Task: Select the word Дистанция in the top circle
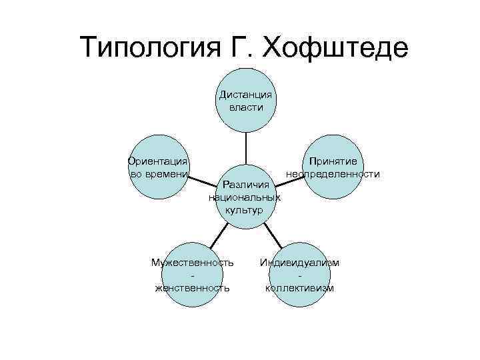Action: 245,95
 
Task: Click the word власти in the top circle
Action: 245,107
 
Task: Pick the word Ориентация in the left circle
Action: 157,161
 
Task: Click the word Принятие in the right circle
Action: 333,161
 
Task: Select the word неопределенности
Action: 333,174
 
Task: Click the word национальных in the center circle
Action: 245,197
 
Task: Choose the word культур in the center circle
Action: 245,209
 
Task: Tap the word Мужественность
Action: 193,263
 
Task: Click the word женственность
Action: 193,288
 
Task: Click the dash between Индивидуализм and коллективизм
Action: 300,275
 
